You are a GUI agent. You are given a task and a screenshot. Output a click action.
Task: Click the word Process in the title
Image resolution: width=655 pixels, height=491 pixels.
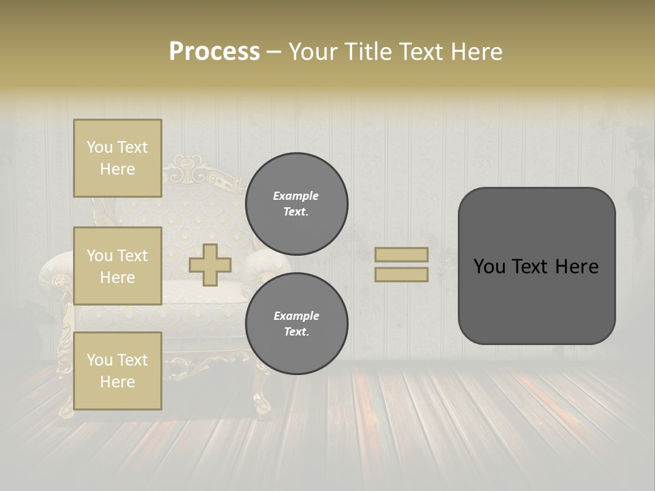click(214, 52)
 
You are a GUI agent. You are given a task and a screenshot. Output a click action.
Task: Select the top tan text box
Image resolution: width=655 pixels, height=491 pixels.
click(117, 158)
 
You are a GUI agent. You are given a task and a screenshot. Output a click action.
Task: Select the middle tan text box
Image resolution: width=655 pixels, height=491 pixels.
click(117, 266)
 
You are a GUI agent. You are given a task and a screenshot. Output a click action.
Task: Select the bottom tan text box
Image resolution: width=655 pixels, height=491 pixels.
click(117, 370)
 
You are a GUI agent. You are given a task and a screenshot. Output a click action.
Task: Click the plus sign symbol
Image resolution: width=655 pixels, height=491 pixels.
click(210, 265)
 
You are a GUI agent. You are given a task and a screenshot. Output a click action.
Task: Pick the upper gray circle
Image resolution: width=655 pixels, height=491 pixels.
click(296, 203)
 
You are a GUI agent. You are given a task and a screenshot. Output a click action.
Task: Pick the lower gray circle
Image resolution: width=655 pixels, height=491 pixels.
click(296, 323)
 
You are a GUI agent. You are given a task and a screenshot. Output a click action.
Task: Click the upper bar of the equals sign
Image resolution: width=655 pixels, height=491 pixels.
click(401, 254)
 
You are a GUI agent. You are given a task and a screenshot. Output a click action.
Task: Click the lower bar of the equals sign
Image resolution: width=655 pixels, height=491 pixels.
click(401, 274)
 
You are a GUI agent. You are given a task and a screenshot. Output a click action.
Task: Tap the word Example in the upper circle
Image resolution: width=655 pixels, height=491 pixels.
click(295, 196)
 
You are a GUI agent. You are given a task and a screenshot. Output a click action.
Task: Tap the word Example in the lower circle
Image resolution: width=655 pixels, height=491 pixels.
click(295, 316)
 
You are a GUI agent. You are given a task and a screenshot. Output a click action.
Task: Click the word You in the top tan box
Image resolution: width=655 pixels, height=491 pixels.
click(99, 147)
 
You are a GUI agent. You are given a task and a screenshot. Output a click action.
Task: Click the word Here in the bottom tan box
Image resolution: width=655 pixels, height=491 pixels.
click(117, 382)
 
